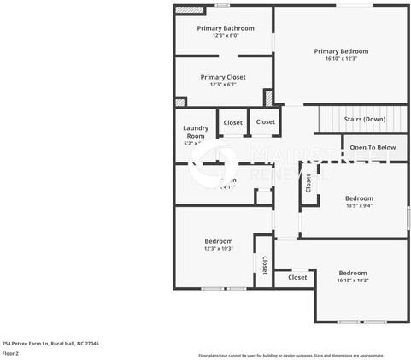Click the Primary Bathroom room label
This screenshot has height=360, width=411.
226,28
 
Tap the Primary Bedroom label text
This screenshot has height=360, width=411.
341,51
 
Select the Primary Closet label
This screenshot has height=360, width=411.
223,77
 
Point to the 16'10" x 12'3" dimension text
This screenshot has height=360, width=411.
341,59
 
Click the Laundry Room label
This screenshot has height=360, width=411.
196,133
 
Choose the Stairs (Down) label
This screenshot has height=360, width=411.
364,119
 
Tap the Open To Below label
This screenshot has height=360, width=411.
373,147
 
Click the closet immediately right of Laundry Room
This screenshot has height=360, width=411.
232,122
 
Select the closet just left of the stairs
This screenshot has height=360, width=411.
266,121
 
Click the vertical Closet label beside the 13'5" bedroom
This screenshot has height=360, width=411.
308,186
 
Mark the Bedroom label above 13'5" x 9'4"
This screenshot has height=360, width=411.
359,198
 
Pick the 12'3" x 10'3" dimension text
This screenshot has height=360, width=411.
219,249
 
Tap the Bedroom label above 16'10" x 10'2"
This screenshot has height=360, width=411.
353,273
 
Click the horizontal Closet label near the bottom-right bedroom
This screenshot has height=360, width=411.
297,277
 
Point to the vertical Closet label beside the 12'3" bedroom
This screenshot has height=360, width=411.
265,265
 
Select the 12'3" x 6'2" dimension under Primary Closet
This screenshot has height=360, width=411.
223,85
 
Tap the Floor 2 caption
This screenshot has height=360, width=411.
10,352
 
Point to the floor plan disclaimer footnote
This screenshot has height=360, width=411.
291,355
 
